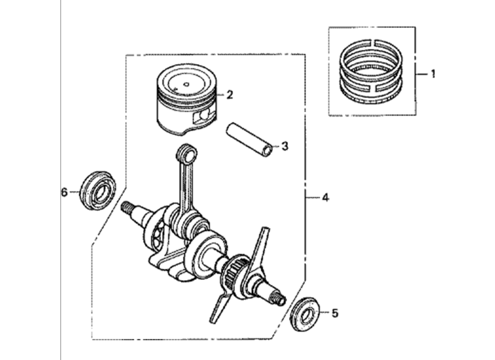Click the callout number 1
[433, 74]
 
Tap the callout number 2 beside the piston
[229, 94]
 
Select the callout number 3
[284, 146]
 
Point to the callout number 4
[325, 198]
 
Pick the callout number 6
[64, 192]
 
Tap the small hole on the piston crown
[186, 84]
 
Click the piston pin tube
[249, 139]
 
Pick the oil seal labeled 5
[305, 314]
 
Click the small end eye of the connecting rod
[187, 155]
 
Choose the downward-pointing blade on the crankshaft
[220, 306]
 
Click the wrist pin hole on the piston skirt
[203, 115]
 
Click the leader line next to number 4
[313, 198]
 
